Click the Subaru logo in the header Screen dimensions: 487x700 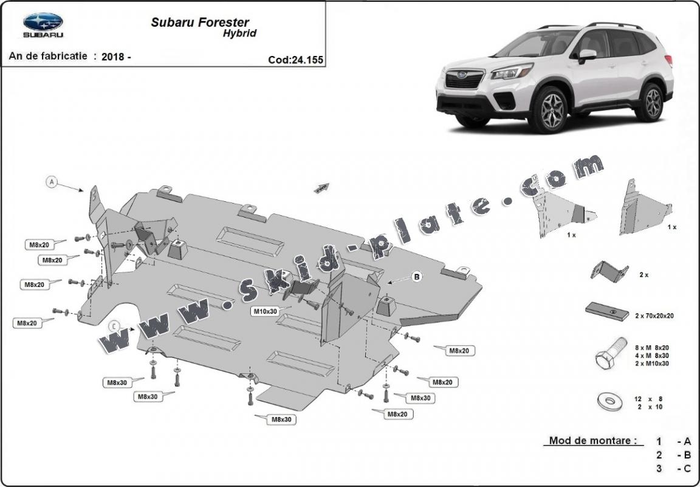click(43, 25)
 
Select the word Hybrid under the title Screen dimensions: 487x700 click(239, 34)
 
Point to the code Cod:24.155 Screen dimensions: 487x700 click(295, 60)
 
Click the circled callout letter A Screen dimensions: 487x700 click(52, 181)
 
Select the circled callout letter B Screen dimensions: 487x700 click(417, 277)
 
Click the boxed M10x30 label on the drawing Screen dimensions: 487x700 click(265, 311)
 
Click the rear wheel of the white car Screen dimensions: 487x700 click(653, 102)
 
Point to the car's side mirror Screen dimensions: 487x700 click(586, 55)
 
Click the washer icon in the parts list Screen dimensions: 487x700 click(607, 401)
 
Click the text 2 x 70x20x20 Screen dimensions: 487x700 click(654, 316)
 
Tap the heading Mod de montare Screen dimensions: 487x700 click(592, 441)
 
